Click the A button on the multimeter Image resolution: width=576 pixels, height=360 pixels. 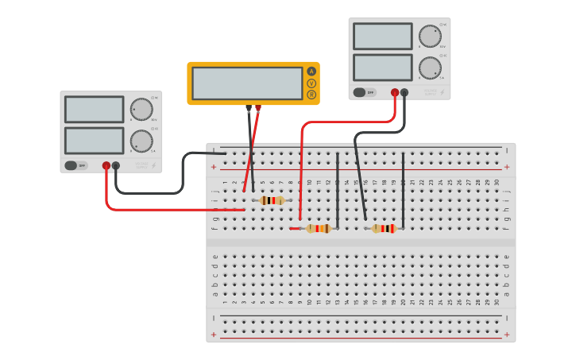tap(311, 72)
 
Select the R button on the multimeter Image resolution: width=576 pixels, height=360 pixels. tap(311, 95)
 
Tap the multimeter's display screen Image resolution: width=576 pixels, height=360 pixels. tap(247, 83)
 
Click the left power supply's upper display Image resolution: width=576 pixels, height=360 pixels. tap(95, 110)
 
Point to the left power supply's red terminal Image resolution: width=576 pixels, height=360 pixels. tap(106, 166)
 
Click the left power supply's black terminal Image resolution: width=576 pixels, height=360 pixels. tap(116, 166)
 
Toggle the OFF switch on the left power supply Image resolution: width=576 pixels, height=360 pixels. tap(75, 165)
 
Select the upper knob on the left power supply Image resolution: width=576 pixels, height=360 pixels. tap(141, 110)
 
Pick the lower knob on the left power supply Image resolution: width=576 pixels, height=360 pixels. tap(141, 141)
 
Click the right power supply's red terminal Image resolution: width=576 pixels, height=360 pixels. tap(395, 92)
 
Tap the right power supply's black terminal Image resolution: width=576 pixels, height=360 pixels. tap(404, 92)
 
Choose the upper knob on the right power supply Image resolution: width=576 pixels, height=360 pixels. tap(430, 37)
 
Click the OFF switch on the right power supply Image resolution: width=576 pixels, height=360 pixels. tap(364, 92)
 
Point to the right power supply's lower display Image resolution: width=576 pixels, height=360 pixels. tap(383, 67)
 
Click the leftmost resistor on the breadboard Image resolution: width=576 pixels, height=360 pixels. tap(272, 200)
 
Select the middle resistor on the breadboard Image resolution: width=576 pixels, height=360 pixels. tap(319, 229)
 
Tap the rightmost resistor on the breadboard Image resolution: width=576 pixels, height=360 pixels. tap(384, 229)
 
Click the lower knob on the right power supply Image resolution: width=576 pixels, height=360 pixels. tap(430, 68)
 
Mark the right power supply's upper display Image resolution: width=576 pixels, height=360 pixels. tap(383, 37)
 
